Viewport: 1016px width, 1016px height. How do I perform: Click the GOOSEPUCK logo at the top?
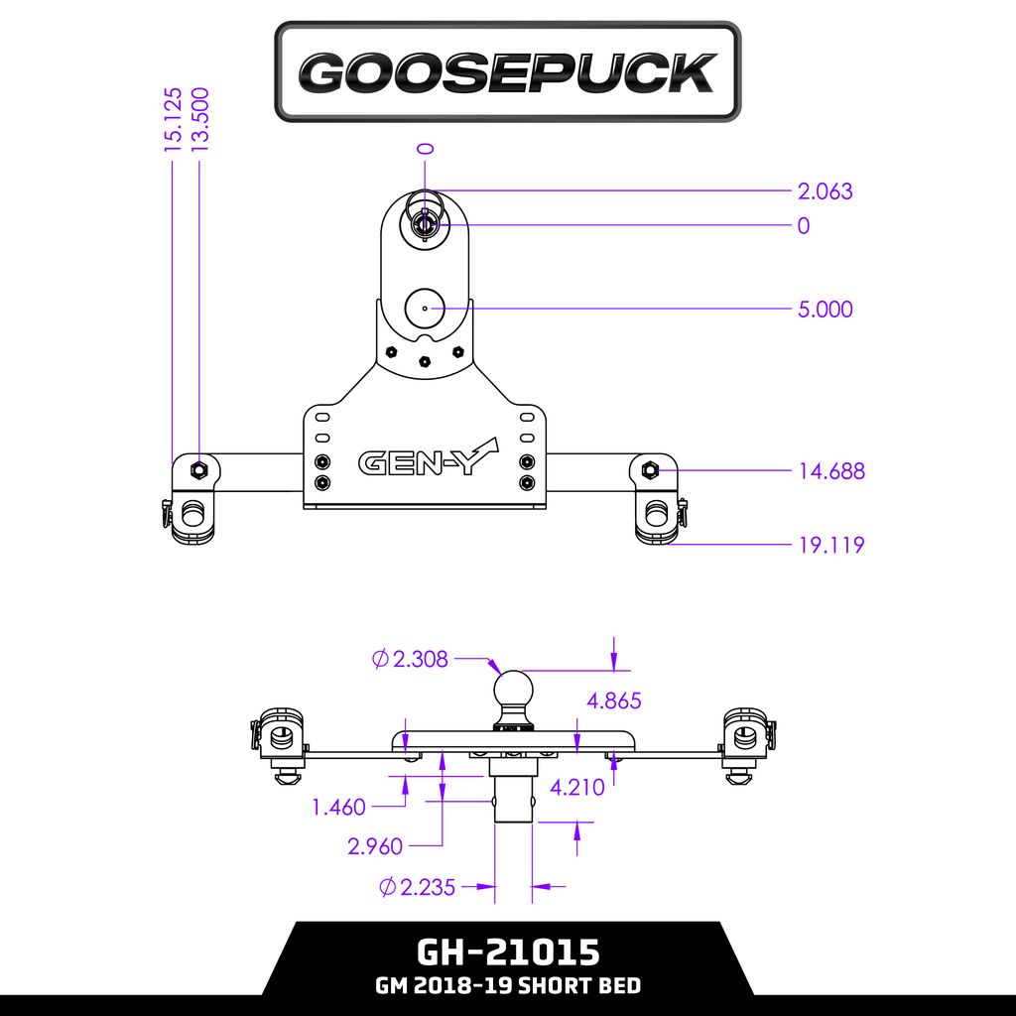click(507, 72)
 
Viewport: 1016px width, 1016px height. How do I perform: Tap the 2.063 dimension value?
click(825, 191)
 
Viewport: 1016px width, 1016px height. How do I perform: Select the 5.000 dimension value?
click(825, 310)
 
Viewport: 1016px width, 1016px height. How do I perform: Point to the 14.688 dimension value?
click(831, 471)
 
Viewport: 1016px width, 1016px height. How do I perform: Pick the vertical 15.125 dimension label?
click(174, 120)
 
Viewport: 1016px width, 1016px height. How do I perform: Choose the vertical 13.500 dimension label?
click(201, 120)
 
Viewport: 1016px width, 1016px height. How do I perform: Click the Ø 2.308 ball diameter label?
click(411, 659)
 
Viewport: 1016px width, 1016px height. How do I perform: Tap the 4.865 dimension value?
click(613, 701)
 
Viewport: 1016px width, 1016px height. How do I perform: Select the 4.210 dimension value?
click(576, 788)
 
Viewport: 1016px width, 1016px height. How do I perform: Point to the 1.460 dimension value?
click(338, 808)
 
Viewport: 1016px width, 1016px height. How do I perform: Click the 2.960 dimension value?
click(375, 846)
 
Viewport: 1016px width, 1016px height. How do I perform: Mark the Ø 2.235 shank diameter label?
click(418, 887)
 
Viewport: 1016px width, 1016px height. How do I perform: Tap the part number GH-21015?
click(507, 952)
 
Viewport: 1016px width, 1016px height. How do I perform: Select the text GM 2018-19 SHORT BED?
click(507, 986)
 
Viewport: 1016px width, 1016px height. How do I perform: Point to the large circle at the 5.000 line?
click(425, 309)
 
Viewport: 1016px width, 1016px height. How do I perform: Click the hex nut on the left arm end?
click(197, 468)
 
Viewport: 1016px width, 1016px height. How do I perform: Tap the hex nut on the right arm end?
click(650, 468)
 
